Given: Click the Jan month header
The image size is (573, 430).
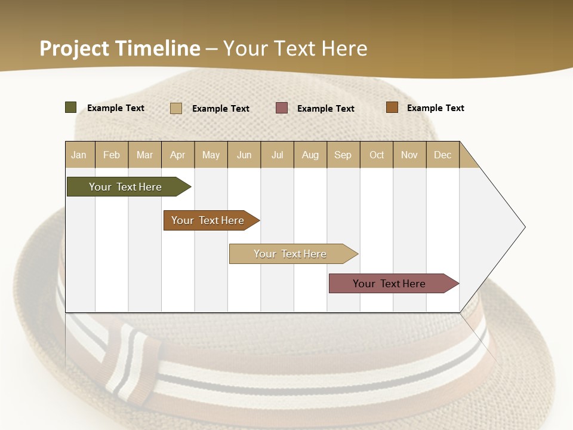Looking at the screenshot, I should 79,155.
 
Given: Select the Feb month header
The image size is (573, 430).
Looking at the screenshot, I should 112,155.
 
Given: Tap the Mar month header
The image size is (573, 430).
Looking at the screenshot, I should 144,155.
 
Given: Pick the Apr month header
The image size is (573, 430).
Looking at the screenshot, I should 178,155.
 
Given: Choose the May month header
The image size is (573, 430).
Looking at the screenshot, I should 211,155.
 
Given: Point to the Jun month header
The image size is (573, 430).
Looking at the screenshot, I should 244,155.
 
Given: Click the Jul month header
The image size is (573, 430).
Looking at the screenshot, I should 277,155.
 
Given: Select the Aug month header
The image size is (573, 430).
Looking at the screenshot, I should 310,155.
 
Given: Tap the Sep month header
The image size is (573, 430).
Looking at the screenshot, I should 343,155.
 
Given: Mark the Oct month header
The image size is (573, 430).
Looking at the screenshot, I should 377,155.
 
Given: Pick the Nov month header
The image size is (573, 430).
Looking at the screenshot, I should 409,155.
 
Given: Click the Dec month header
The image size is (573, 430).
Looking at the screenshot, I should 443,155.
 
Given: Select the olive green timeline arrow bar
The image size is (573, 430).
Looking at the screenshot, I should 126,187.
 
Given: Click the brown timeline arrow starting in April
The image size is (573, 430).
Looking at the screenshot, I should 208,220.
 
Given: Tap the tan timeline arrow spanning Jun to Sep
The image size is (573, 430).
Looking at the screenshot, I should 291,254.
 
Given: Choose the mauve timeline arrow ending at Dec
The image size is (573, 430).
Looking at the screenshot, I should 390,284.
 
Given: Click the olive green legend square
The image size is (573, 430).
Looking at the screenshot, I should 71,107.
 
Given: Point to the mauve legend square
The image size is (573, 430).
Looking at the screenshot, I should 282,108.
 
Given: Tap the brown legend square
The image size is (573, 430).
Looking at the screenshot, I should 392,107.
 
